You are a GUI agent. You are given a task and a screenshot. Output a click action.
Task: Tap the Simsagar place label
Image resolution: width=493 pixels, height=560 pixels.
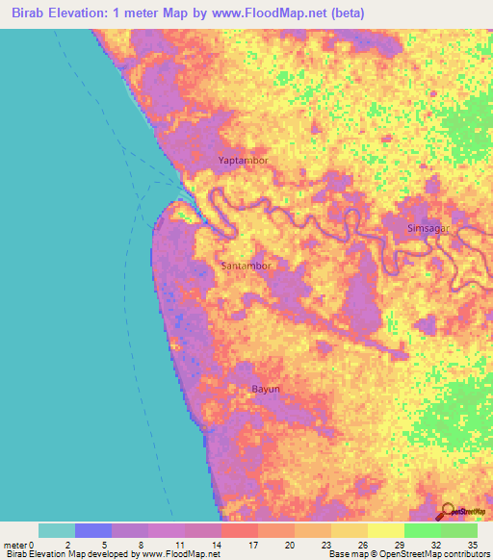coord(428,226)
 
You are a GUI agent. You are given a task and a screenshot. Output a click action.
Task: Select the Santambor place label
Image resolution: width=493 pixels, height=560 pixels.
coord(246,266)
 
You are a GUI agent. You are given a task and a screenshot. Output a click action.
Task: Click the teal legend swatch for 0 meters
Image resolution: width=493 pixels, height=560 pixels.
coord(57,530)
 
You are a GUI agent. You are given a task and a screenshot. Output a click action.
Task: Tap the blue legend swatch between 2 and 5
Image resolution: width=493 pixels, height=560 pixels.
coord(93,530)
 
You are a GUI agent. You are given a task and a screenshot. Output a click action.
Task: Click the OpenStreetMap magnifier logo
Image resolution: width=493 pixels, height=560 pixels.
coord(447,511)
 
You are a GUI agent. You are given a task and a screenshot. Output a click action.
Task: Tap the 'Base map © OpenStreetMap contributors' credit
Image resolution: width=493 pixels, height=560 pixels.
coord(405,554)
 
